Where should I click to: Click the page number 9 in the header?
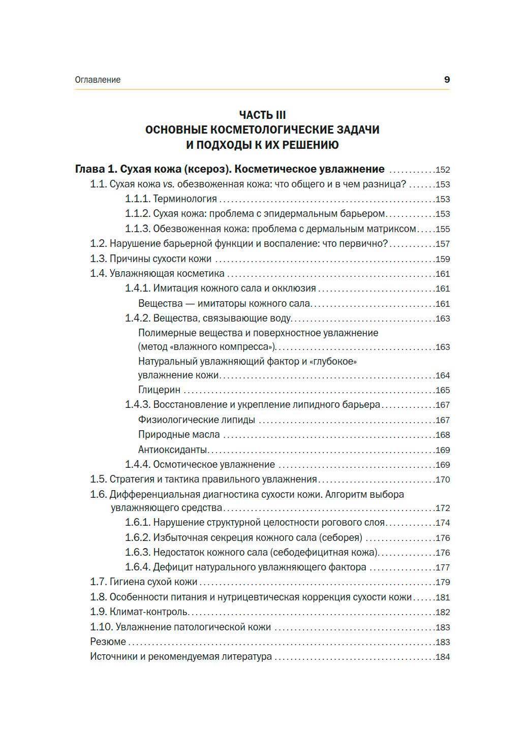tap(447, 80)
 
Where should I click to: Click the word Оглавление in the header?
tap(98, 80)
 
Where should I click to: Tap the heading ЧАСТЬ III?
tap(262, 115)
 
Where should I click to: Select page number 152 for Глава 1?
tap(442, 170)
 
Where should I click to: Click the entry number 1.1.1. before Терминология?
tap(137, 199)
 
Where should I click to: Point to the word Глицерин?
tap(159, 391)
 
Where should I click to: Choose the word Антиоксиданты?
tap(173, 450)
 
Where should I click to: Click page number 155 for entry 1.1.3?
tap(442, 229)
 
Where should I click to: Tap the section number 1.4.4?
tap(137, 465)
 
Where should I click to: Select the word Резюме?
tap(108, 642)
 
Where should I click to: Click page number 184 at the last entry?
tap(442, 657)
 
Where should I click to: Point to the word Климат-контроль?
tap(149, 612)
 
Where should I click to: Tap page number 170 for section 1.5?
tap(442, 480)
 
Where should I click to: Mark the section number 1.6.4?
tap(137, 567)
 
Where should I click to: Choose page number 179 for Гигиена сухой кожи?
tap(442, 583)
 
